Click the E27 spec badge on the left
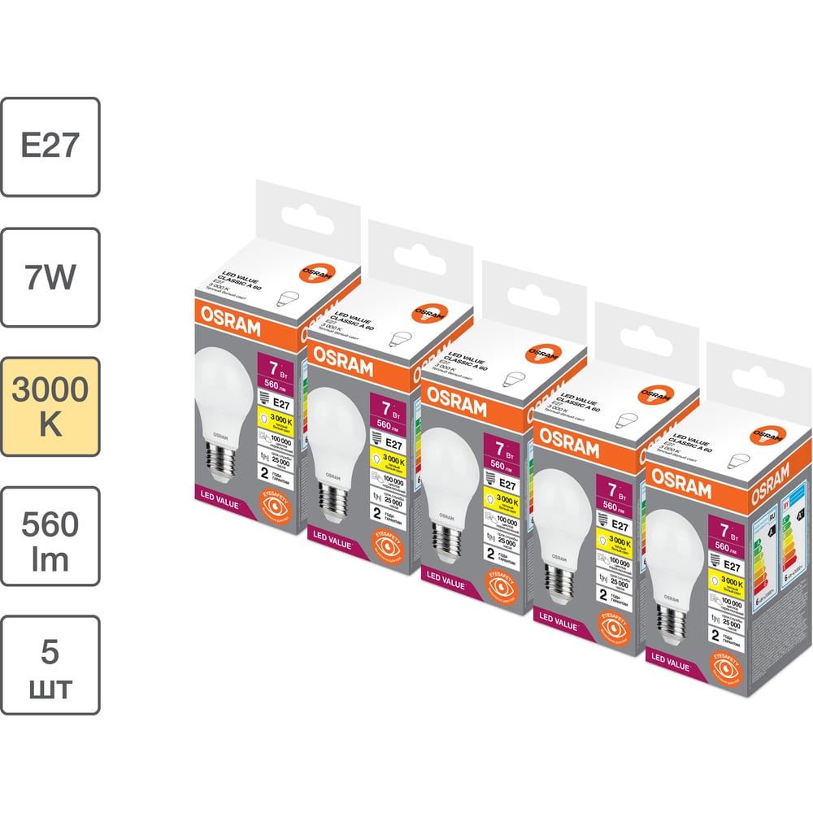pos(50,146)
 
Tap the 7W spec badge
pos(50,276)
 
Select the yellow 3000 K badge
pos(50,406)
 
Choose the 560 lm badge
pos(50,536)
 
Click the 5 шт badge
pos(50,665)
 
